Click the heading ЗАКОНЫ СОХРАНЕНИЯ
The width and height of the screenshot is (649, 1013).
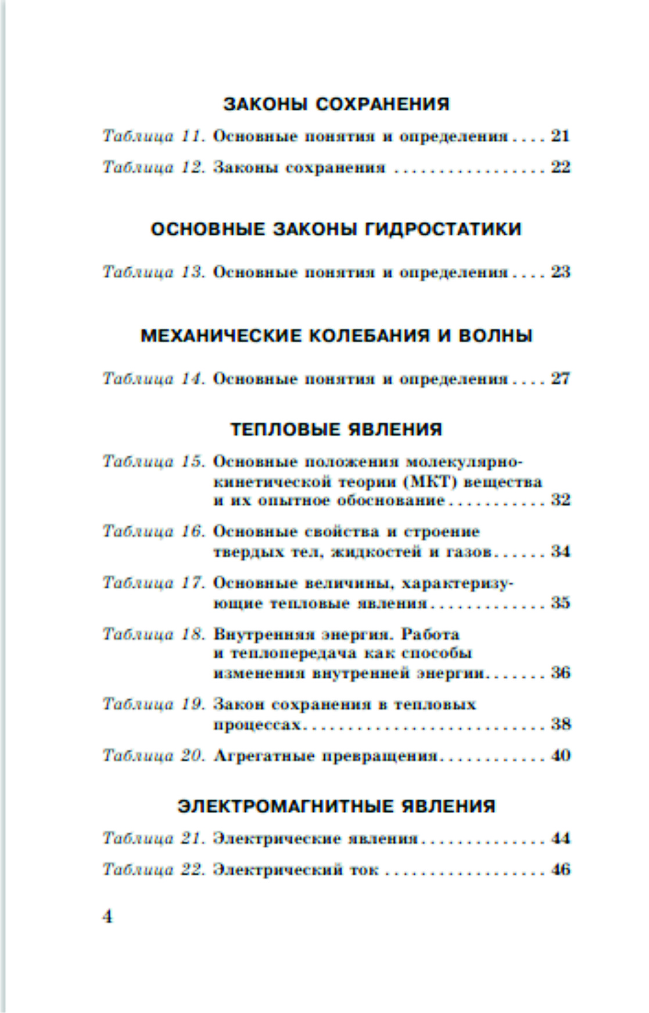[336, 104]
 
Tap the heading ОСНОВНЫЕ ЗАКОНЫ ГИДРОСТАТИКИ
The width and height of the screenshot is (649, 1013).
[336, 229]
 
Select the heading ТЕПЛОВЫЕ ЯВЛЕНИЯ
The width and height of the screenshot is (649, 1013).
[336, 429]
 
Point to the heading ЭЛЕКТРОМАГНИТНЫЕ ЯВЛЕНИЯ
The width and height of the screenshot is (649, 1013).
[336, 806]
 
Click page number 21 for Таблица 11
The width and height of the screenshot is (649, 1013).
[561, 136]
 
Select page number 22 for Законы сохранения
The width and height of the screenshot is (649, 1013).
[561, 167]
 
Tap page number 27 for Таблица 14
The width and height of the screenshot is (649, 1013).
[561, 379]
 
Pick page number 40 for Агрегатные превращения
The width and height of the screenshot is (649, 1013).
[561, 756]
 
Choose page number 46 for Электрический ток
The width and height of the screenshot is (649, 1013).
[561, 870]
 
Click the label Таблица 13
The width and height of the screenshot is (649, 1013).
[153, 272]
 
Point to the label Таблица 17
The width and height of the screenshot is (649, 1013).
[153, 583]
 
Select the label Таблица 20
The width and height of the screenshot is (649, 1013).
[153, 756]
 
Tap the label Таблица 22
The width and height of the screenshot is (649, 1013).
[153, 870]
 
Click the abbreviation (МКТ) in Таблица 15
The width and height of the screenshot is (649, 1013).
[429, 482]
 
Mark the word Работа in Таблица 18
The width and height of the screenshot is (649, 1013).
[431, 634]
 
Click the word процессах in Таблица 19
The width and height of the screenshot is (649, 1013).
[257, 725]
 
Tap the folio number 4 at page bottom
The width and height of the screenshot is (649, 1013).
[107, 917]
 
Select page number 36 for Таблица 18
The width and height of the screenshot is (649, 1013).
[561, 673]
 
